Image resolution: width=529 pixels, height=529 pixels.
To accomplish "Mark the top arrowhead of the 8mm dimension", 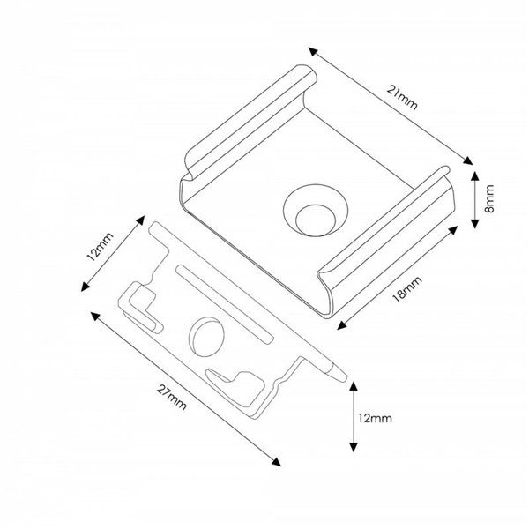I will point(474,177).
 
